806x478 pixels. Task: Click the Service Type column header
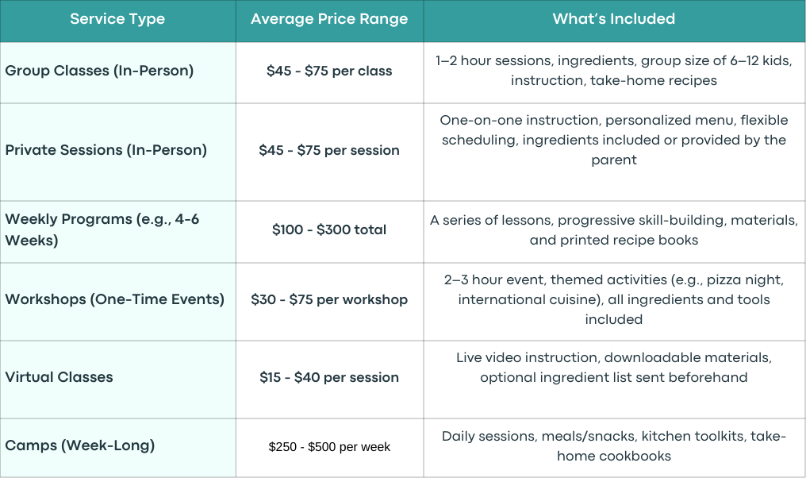pos(117,19)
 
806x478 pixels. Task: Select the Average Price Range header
pos(329,19)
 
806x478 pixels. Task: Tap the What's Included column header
pos(614,19)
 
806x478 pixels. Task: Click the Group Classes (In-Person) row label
pos(99,71)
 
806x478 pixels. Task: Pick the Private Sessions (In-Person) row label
pos(106,150)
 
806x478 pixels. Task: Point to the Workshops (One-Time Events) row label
pos(114,299)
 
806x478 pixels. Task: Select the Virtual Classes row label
pos(59,377)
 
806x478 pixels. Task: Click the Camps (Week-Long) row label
pos(79,445)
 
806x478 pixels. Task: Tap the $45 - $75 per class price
pos(329,71)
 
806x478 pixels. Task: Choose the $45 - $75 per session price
pos(329,150)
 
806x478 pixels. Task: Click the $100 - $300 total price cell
pos(329,229)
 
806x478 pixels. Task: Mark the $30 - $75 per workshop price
pos(329,299)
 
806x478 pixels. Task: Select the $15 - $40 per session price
pos(329,378)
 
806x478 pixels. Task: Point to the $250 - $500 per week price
pos(329,446)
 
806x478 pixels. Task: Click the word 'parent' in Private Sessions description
pos(614,160)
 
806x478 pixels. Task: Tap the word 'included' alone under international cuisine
pos(614,319)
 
